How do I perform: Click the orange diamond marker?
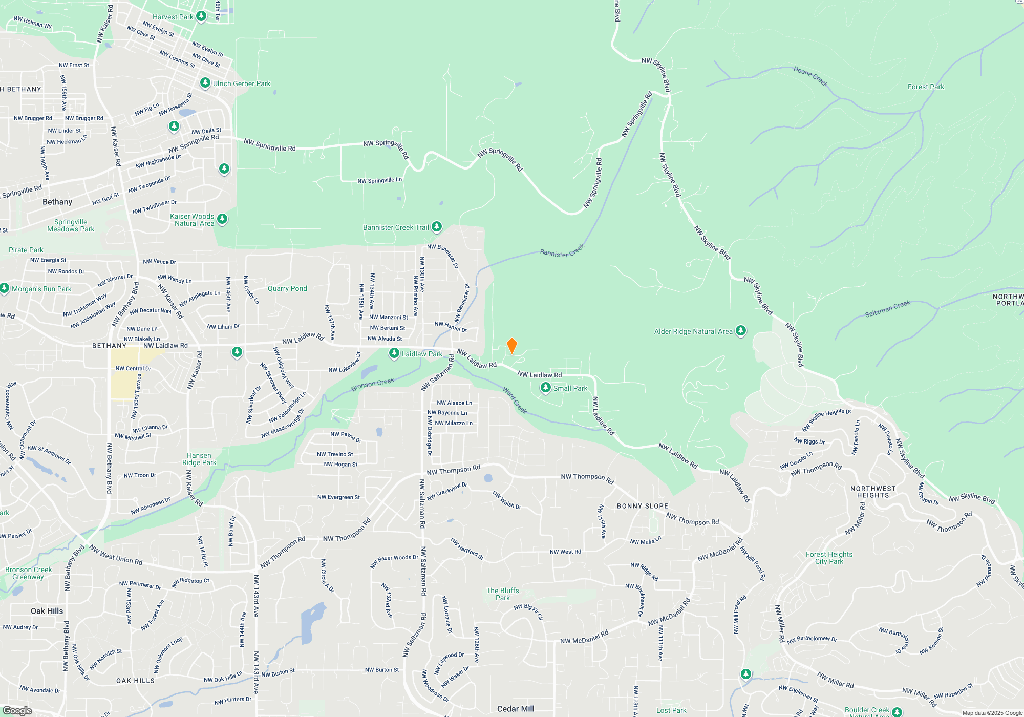(511, 346)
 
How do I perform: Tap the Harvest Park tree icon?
(201, 16)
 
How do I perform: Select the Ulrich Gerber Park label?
(242, 83)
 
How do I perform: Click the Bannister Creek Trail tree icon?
(436, 226)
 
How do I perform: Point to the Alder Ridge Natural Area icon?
(740, 331)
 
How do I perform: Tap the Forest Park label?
(926, 87)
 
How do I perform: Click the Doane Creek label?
(810, 76)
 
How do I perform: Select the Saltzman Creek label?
(887, 309)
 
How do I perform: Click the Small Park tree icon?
(546, 388)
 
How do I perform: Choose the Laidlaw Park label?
(422, 354)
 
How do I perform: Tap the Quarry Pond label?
(287, 288)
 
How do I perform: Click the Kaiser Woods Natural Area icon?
(222, 219)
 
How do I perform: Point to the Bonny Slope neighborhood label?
(642, 506)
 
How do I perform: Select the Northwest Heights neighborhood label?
(873, 492)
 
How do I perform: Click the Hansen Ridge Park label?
(199, 459)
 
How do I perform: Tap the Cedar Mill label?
(516, 709)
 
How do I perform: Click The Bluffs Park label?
(502, 594)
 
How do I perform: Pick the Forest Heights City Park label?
(829, 558)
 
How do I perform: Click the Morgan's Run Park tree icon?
(5, 288)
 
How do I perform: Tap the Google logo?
(17, 710)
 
